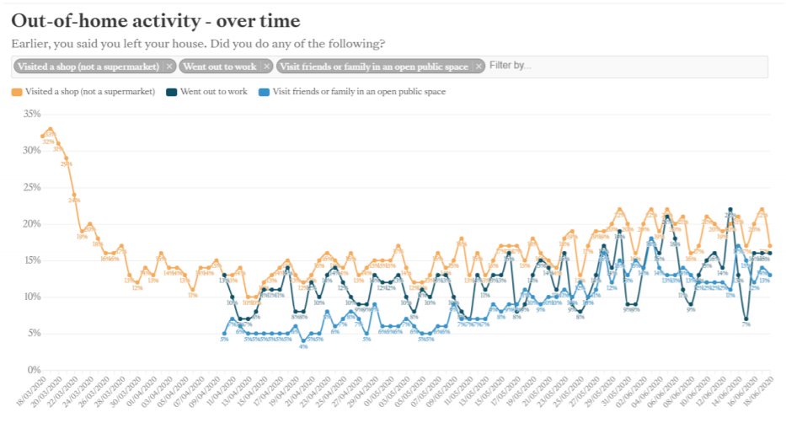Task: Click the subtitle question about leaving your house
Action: tap(199, 43)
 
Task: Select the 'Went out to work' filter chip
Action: tap(220, 66)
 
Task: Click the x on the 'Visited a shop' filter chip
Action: tap(168, 66)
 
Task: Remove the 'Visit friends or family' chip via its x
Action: tap(478, 66)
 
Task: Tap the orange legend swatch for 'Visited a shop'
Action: tap(16, 91)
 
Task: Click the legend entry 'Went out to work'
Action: tap(212, 91)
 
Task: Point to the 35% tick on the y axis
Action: tap(31, 113)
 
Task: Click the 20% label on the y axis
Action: tap(31, 223)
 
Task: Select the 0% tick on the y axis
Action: tap(33, 369)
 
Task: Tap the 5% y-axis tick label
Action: tap(33, 333)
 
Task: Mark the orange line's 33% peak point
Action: tap(51, 129)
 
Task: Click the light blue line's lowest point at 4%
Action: tap(303, 340)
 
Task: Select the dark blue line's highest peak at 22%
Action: tap(730, 209)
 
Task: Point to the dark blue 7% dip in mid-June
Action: tap(746, 319)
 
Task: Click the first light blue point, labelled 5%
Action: tap(224, 333)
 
